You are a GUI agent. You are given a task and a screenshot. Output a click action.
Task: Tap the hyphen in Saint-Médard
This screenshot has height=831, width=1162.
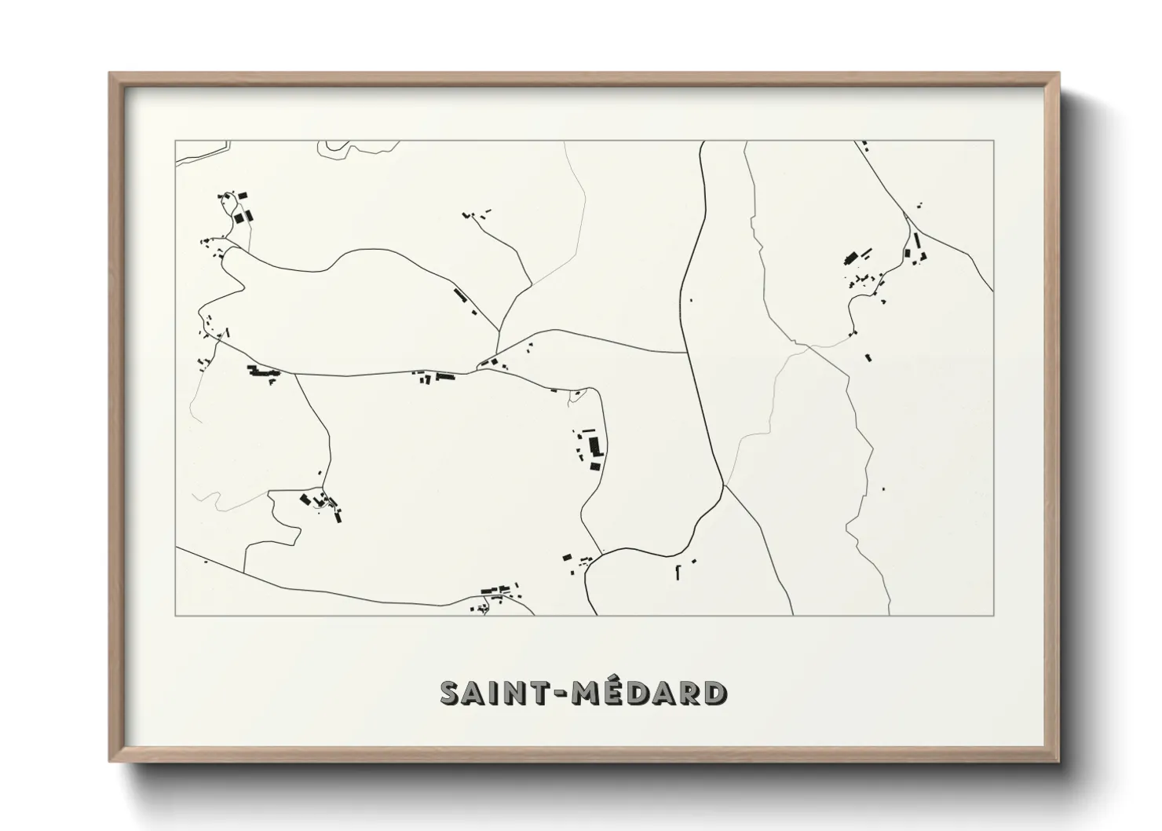[x=562, y=694]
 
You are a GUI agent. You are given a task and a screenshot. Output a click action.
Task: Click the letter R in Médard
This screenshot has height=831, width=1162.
[x=689, y=694]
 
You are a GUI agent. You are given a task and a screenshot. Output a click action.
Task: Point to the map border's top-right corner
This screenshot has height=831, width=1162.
[x=994, y=141]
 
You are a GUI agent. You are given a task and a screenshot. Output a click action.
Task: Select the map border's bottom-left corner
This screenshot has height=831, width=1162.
[x=175, y=615]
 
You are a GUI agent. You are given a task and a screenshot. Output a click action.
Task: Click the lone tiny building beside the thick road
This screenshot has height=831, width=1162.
[x=690, y=299]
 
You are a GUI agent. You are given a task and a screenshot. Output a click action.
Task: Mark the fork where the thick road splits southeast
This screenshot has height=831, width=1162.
[x=724, y=485]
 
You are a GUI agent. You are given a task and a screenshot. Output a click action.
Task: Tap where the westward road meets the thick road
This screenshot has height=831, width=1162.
[x=689, y=353]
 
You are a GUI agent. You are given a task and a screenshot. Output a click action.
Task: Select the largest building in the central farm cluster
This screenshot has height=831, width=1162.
[x=594, y=446]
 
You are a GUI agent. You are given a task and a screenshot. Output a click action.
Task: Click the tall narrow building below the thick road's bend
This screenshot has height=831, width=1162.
[x=677, y=572]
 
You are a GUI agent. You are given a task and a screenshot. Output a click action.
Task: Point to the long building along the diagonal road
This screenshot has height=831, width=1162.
[x=461, y=295]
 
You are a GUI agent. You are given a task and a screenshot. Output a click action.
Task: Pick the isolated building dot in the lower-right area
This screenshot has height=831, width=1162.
[x=884, y=489]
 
